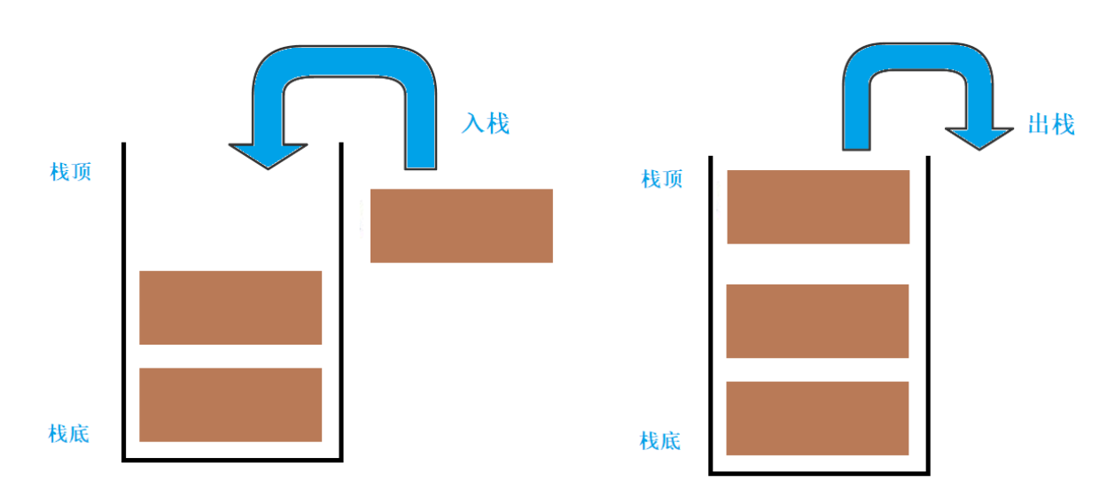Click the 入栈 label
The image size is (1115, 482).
(486, 123)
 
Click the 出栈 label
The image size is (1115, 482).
(1051, 125)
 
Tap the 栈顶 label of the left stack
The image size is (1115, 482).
(71, 172)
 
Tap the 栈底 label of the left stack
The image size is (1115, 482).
(69, 433)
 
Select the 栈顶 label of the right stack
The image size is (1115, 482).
(662, 179)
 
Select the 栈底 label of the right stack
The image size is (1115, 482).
(660, 439)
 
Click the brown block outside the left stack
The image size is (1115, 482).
(461, 225)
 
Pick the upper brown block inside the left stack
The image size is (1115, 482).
(230, 307)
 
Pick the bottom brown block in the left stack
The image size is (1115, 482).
(230, 404)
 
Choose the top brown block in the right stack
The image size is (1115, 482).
(818, 206)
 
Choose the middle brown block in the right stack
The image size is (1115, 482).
(817, 321)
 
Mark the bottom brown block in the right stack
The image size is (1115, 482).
(817, 417)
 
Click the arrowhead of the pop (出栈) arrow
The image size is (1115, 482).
(979, 138)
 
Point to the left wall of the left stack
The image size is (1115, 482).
(124, 301)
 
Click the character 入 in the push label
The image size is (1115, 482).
(472, 123)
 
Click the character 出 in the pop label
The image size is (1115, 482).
(1039, 125)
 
